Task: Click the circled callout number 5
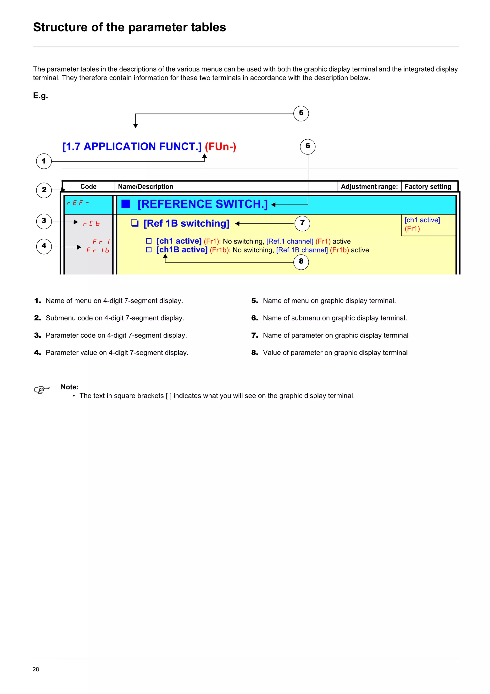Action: click(301, 113)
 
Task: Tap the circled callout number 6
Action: click(307, 147)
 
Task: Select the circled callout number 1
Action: click(44, 161)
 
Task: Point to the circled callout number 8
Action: click(301, 262)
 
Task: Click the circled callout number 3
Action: click(44, 221)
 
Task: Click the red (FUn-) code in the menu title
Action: click(220, 147)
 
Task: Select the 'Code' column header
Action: click(88, 187)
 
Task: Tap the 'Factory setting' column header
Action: click(428, 187)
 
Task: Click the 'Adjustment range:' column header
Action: click(369, 187)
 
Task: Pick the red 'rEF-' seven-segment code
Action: click(78, 203)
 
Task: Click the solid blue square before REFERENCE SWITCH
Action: click(126, 204)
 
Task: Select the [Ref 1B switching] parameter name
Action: click(186, 223)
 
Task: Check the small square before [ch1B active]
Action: click(149, 250)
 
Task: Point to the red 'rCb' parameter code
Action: click(91, 224)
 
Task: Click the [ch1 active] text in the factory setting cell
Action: click(422, 220)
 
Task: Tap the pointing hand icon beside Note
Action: click(42, 390)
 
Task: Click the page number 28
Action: click(36, 669)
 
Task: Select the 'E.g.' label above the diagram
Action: click(40, 96)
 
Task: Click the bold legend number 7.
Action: click(255, 335)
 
